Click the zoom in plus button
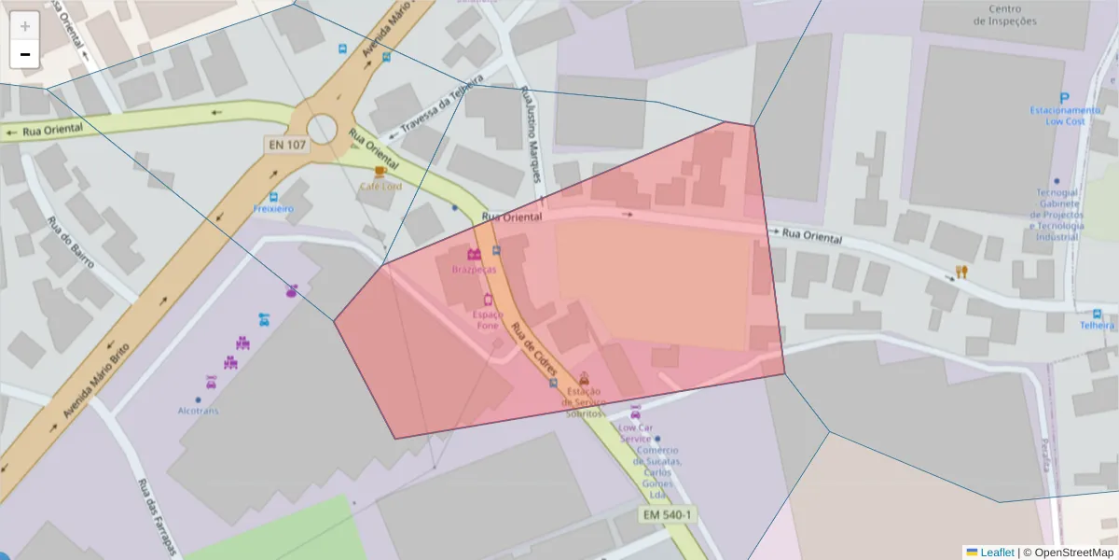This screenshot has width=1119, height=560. pyautogui.click(x=25, y=26)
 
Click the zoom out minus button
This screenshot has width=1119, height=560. pyautogui.click(x=25, y=54)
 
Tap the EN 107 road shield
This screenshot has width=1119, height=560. pyautogui.click(x=286, y=145)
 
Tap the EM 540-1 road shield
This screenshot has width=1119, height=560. pyautogui.click(x=668, y=514)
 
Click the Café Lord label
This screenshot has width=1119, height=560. pyautogui.click(x=380, y=186)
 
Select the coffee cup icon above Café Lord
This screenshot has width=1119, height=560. pyautogui.click(x=380, y=172)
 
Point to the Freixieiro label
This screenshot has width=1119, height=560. pyautogui.click(x=273, y=209)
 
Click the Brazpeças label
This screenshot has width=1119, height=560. pyautogui.click(x=473, y=269)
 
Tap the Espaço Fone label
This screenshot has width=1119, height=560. pyautogui.click(x=488, y=320)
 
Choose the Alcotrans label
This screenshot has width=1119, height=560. pyautogui.click(x=198, y=411)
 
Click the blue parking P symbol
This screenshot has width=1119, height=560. pyautogui.click(x=1064, y=97)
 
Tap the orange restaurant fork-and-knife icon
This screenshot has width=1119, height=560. pyautogui.click(x=961, y=272)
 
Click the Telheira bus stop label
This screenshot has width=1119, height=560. pyautogui.click(x=1097, y=326)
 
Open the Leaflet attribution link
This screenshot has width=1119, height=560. pyautogui.click(x=996, y=553)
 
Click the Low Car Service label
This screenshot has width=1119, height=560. pyautogui.click(x=635, y=433)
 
